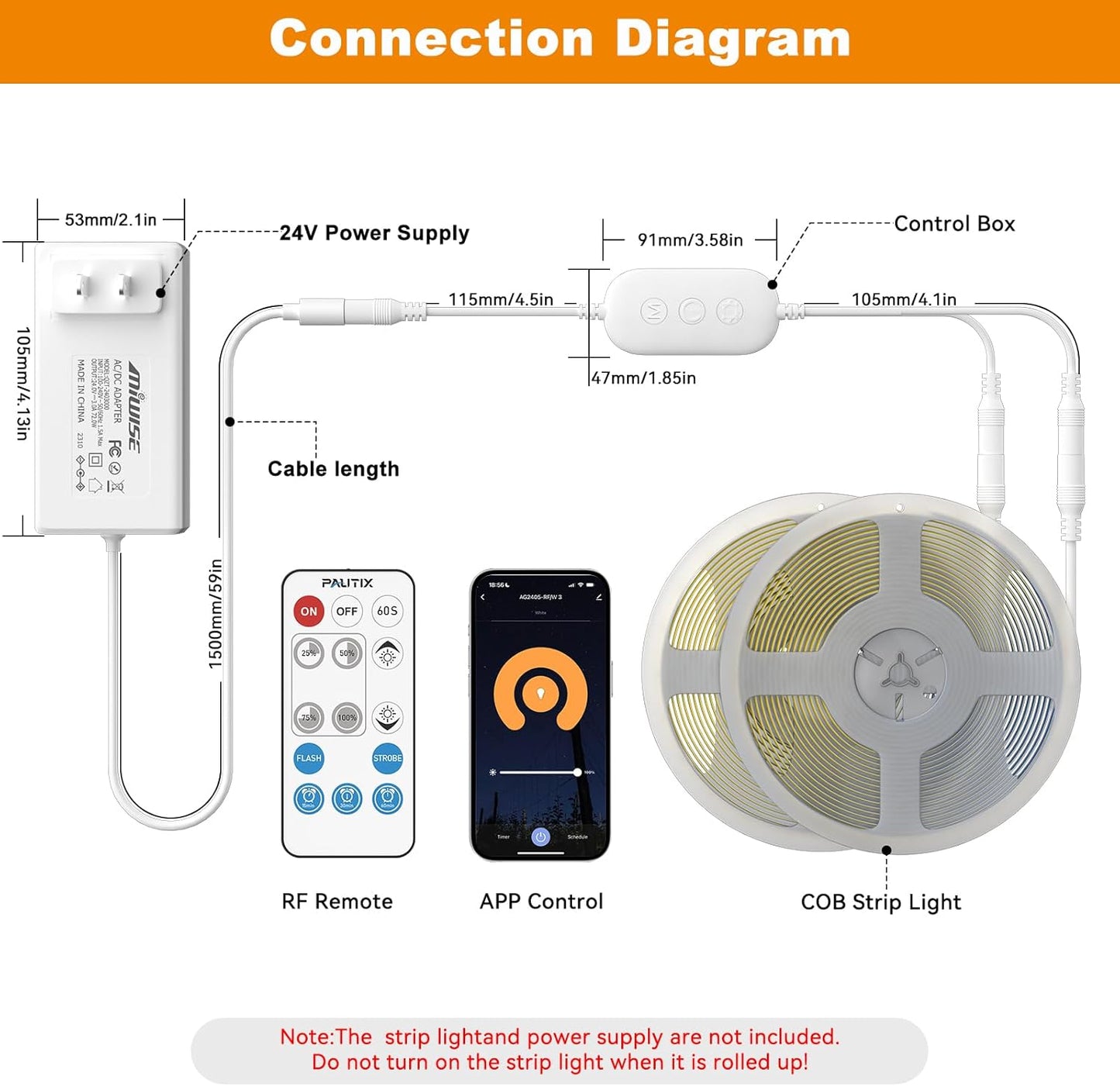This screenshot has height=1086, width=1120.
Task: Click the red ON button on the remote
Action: pos(308,611)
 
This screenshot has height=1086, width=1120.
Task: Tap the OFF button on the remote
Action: pos(347,611)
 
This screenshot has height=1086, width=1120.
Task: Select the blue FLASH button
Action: pos(308,758)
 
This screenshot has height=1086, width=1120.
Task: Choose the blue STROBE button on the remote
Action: pos(388,758)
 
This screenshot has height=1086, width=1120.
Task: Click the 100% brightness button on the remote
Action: pos(347,717)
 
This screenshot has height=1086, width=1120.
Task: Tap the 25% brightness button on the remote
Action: pos(308,653)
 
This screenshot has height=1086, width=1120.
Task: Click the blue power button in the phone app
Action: pos(540,836)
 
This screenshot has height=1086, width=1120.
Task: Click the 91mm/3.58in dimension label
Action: pos(690,240)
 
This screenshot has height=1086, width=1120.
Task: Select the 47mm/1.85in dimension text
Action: pos(643,378)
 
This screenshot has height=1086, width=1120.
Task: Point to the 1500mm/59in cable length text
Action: pos(216,614)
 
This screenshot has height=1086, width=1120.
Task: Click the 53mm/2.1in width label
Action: pos(111,220)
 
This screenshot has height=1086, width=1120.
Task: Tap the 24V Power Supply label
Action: pos(374,233)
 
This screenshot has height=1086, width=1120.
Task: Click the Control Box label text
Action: pos(954,224)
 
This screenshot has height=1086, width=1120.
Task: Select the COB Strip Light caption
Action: pos(880,902)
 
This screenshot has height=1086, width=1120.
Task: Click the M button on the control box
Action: pos(653,312)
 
